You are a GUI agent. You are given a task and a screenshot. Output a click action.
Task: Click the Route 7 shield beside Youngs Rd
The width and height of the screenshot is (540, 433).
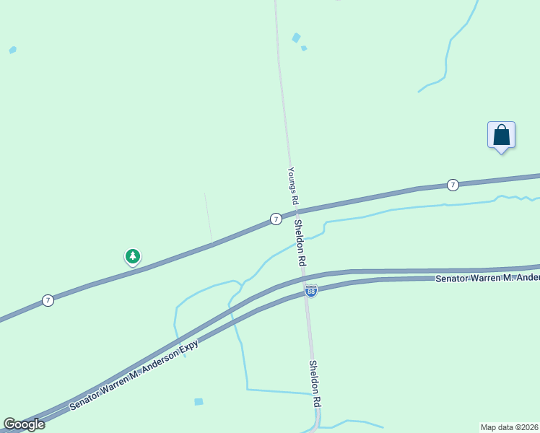(x=275, y=219)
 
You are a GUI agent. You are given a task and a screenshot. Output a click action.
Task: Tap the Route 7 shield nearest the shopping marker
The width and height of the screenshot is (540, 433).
(x=453, y=185)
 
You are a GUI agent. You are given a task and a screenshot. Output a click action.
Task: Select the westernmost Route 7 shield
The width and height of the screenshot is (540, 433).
(x=48, y=300)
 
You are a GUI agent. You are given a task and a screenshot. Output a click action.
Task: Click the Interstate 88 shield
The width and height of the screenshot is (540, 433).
(x=311, y=291)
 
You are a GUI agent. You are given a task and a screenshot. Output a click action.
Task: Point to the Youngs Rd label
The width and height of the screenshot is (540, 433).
(x=292, y=186)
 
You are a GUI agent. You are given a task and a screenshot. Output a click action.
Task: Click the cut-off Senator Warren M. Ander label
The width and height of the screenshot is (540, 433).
(x=487, y=278)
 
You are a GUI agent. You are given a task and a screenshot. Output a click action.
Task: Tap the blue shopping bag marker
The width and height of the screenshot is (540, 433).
(x=501, y=136)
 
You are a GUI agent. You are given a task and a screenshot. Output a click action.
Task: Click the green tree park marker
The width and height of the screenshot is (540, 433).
(x=132, y=256)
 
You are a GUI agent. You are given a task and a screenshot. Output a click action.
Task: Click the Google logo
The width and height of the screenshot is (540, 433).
(x=24, y=424)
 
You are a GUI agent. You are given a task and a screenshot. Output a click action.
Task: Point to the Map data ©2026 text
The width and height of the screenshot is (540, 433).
(x=510, y=427)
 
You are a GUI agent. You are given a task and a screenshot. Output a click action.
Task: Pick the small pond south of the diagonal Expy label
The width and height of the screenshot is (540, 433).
(x=199, y=401)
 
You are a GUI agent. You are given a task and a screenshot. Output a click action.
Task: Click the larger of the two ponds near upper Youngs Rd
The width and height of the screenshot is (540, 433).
(x=296, y=38)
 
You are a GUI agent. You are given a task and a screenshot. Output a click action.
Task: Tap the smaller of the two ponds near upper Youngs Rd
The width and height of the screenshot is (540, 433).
(x=304, y=48)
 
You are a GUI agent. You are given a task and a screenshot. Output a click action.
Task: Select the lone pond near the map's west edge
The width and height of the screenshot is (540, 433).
(x=12, y=50)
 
